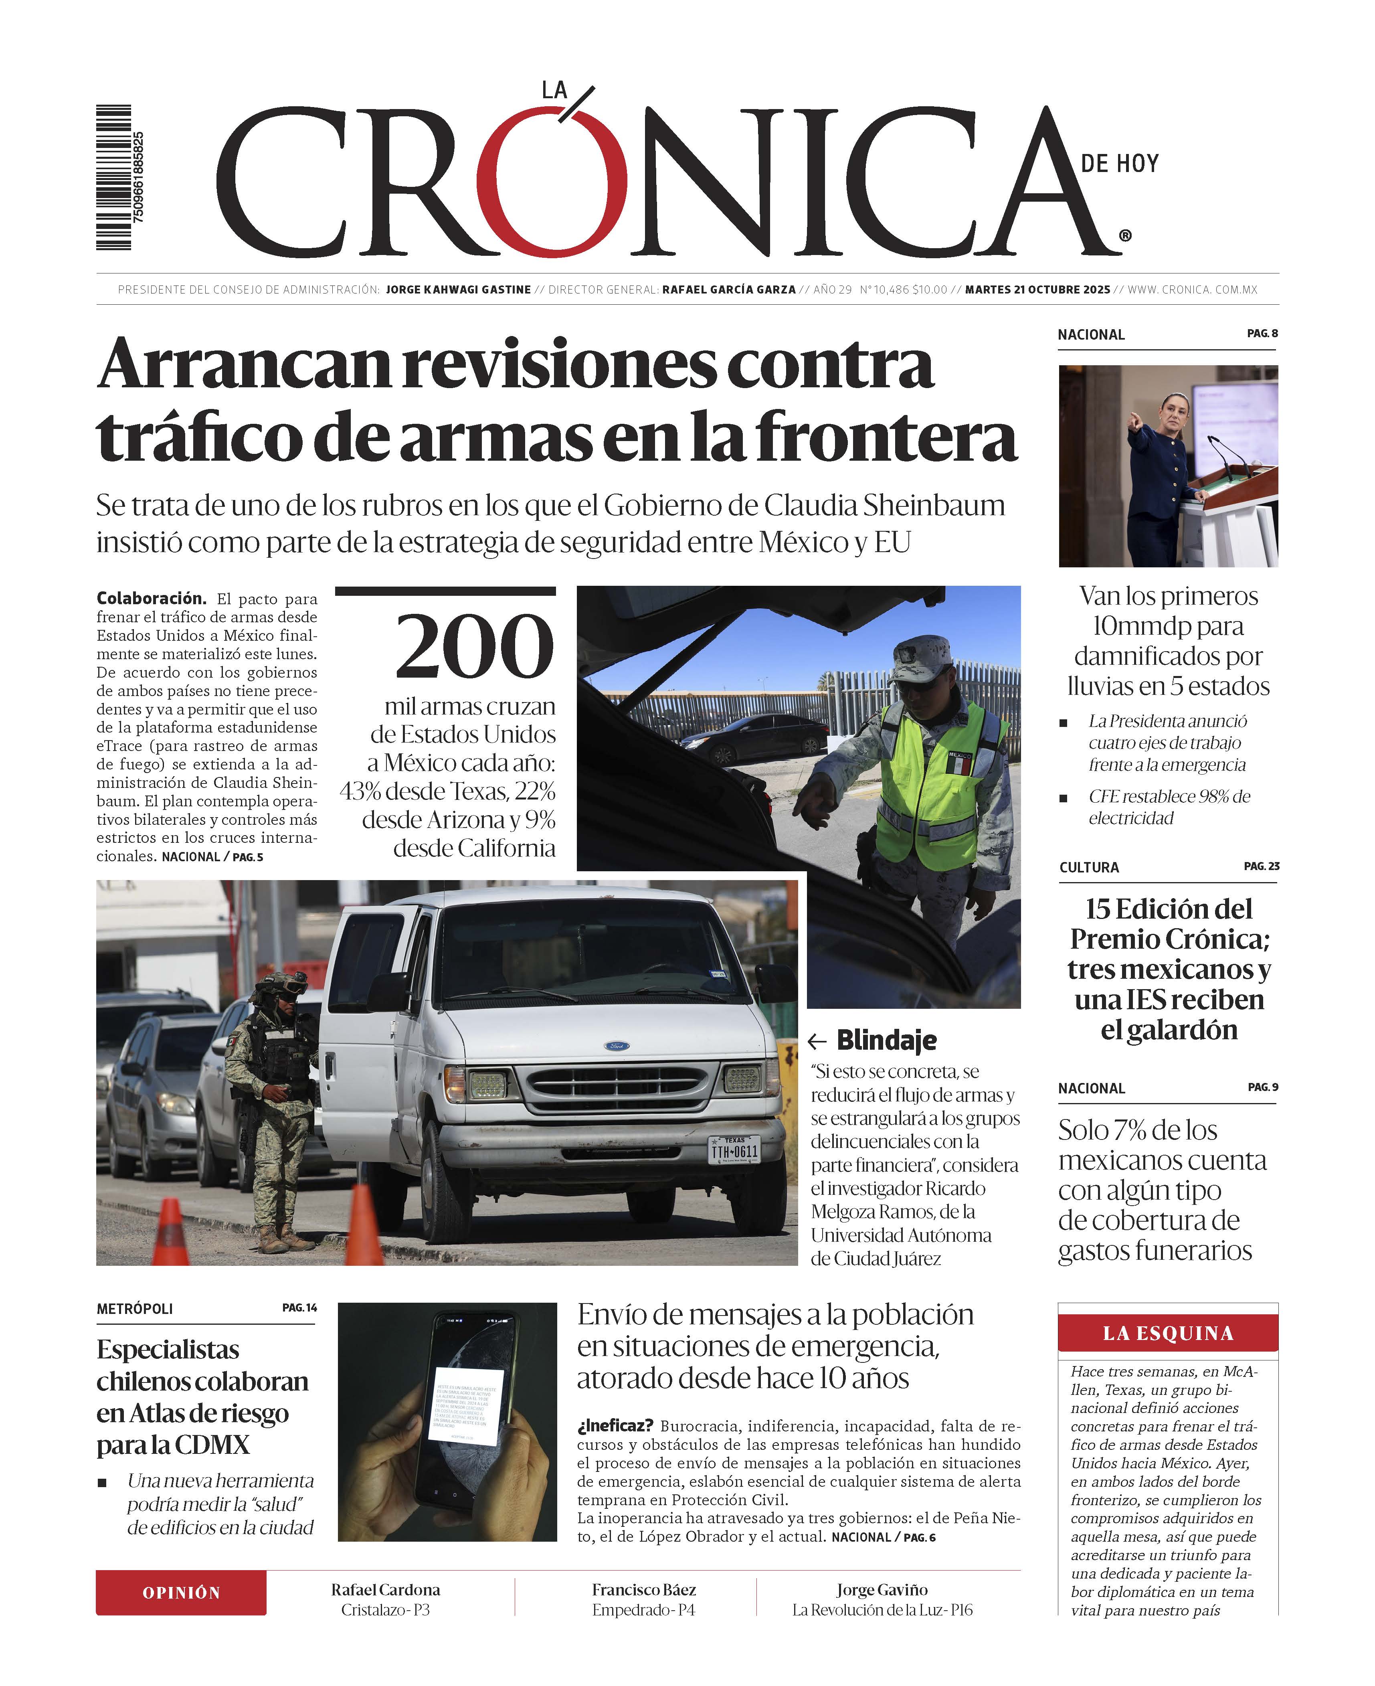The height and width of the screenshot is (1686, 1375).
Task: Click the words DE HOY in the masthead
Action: pos(1119,164)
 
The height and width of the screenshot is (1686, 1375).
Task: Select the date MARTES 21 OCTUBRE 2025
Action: pos(1037,290)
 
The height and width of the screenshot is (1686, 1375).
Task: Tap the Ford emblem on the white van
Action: pos(617,1046)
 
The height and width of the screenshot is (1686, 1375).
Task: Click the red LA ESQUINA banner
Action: pos(1167,1334)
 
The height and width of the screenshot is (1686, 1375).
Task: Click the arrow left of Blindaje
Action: pos(817,1040)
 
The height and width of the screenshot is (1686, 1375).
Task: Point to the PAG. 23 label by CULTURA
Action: pos(1261,866)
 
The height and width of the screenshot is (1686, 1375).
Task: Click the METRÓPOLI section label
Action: pos(135,1309)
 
